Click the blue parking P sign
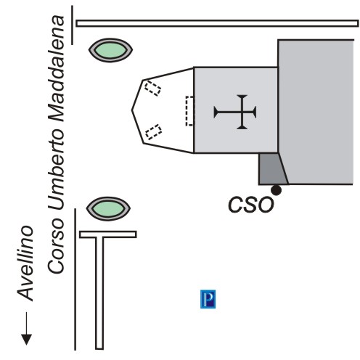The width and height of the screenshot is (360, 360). (208, 299)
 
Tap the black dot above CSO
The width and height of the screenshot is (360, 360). (276, 190)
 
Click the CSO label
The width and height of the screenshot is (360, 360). (251, 205)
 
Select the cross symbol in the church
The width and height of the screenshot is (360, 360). (235, 112)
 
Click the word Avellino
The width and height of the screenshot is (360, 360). (25, 263)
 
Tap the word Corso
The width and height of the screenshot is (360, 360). (56, 247)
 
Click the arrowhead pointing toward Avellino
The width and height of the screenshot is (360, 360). (26, 340)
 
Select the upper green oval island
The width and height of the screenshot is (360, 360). (110, 50)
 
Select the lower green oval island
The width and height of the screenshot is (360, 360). (108, 208)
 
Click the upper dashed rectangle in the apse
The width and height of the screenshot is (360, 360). (152, 89)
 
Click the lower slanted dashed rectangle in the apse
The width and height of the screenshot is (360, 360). (153, 132)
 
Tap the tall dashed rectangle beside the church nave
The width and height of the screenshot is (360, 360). (189, 111)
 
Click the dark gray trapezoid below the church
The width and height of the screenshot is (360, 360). (273, 168)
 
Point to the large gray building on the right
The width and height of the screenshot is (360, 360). (316, 112)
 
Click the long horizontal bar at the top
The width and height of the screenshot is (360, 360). (217, 23)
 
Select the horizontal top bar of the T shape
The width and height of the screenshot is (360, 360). (108, 234)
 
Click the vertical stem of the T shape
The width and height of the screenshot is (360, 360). (99, 293)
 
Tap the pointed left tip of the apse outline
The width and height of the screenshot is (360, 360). (132, 110)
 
